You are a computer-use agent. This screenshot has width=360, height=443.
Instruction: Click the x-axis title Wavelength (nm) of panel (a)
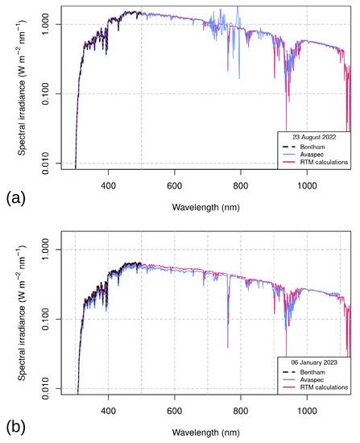tap(207, 207)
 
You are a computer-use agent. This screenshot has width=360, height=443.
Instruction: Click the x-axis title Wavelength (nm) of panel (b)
tap(207, 432)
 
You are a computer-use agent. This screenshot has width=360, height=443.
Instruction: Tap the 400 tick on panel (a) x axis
tap(109, 184)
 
